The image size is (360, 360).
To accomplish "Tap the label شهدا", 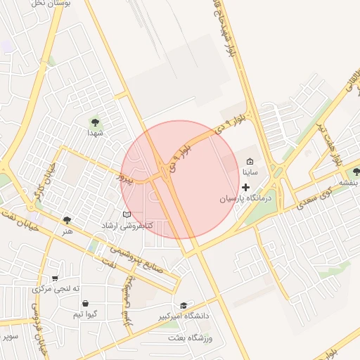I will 95,132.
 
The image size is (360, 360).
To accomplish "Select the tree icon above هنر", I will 67,220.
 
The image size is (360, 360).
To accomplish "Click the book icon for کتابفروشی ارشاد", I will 127,214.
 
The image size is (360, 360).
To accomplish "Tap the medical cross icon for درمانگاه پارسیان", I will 245,187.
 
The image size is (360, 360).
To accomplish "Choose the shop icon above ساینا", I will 250,162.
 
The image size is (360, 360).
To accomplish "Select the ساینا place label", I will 251,172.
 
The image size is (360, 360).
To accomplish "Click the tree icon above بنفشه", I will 356,172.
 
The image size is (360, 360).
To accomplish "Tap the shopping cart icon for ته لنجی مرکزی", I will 55,278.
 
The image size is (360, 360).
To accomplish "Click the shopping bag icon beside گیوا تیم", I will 85,304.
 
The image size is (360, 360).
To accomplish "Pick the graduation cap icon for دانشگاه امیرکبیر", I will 184,305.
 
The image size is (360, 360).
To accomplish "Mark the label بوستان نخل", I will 50,3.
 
